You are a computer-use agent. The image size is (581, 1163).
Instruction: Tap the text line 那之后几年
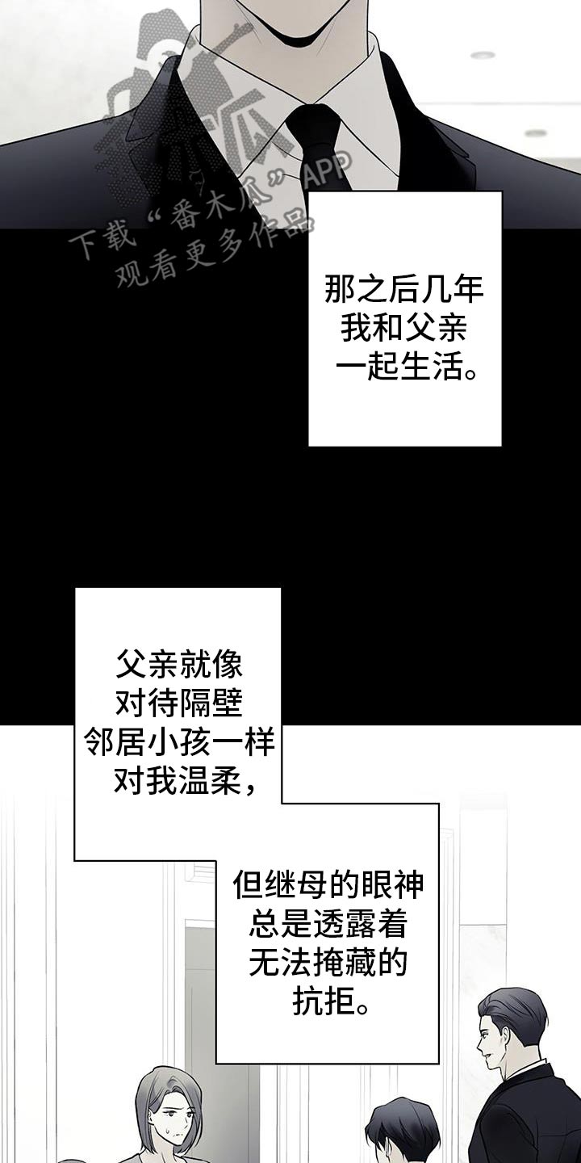click(404, 290)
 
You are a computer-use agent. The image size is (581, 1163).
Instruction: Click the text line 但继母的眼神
click(328, 884)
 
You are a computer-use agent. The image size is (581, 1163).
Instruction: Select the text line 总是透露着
click(328, 923)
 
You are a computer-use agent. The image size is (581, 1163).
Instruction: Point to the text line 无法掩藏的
click(328, 962)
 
